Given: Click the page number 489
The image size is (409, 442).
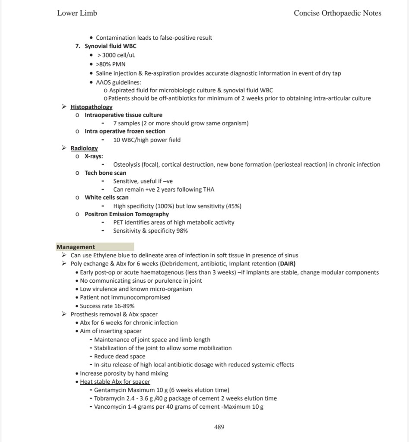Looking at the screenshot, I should coord(219,427).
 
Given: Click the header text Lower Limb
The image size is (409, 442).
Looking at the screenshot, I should coord(77,13).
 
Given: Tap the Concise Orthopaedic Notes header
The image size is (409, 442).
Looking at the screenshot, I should coord(337,13).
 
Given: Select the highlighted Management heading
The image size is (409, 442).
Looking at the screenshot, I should coord(76,247).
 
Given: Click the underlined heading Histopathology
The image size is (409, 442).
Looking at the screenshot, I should coord(92,107).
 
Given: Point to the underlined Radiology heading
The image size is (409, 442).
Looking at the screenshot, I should coord(84,148).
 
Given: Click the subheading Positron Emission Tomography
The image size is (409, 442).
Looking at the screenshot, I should coord(127,214).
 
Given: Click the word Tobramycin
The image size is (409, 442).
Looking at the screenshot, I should coord(110,398).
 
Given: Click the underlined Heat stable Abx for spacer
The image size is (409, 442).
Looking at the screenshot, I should coord(115,382).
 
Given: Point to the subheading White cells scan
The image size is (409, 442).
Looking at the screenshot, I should coord(106,198).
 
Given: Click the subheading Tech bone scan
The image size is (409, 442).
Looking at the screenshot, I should coord(105,173).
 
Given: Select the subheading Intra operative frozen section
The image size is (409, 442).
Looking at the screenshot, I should coord(125,131).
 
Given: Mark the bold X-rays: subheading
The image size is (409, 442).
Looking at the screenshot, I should coord(94,156).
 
